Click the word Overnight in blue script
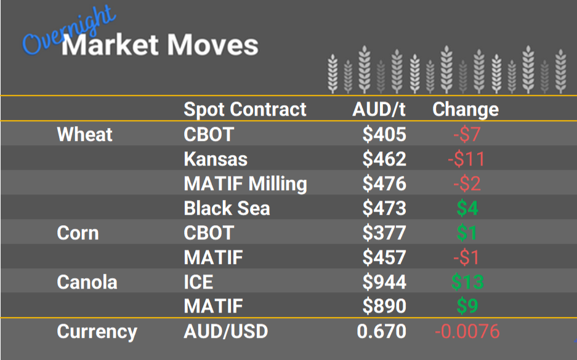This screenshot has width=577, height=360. point(68,34)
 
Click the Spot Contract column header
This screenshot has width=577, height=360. point(245,110)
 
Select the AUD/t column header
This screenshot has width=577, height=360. point(379,110)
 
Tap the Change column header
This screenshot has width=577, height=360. point(466,110)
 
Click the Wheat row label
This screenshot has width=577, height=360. point(84,134)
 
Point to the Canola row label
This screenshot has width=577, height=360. point(87,282)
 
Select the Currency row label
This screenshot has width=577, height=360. point(97,332)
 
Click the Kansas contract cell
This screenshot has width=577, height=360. point(216,159)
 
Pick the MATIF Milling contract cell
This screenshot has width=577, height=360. point(245,183)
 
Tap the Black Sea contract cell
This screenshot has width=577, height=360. point(227,208)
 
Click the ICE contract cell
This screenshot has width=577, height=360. point(198,282)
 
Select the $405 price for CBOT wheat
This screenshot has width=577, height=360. point(384,134)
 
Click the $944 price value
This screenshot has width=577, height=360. point(384,282)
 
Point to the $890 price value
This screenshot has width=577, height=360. point(384,306)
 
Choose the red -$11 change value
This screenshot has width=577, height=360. point(466,159)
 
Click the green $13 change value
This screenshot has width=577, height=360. point(467,282)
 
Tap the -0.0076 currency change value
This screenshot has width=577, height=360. point(467,332)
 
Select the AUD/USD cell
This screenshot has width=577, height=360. point(226,332)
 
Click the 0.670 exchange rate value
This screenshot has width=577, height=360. point(382,332)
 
